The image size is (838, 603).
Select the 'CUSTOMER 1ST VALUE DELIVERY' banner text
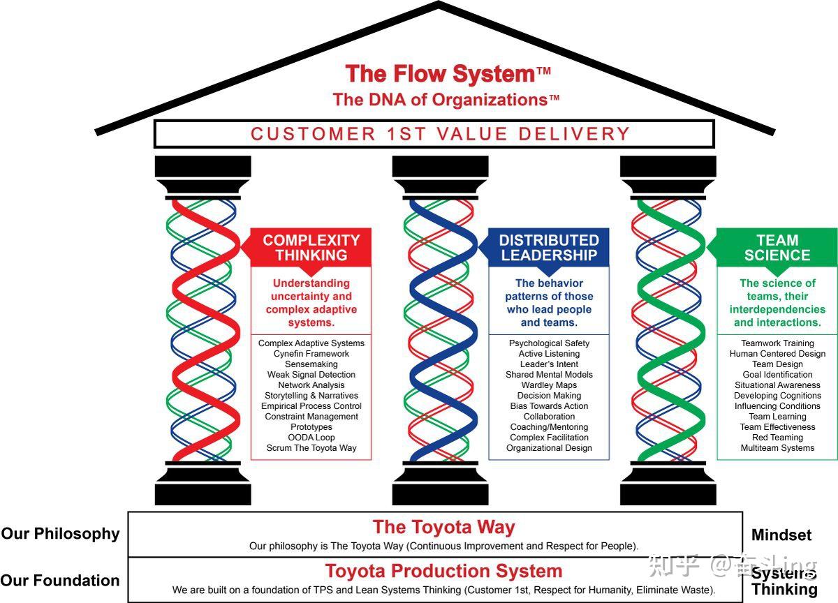(441, 134)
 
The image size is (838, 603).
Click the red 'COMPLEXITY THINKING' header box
(311, 248)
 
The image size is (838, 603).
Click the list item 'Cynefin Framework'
(311, 354)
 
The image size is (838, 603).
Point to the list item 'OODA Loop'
(311, 438)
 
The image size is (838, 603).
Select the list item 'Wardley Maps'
(549, 385)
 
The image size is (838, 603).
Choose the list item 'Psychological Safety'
(549, 343)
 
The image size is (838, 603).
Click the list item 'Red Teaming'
(777, 438)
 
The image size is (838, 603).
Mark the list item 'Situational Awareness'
(777, 385)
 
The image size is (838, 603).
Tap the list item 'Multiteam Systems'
(777, 448)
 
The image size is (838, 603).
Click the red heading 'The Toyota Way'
(443, 527)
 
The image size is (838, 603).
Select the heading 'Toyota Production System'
(443, 571)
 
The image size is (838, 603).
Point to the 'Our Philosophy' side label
(60, 534)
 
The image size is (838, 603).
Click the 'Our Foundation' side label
(60, 581)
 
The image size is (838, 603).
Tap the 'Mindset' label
(781, 535)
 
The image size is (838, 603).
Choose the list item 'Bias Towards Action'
(549, 406)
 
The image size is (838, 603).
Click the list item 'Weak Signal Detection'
(311, 375)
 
